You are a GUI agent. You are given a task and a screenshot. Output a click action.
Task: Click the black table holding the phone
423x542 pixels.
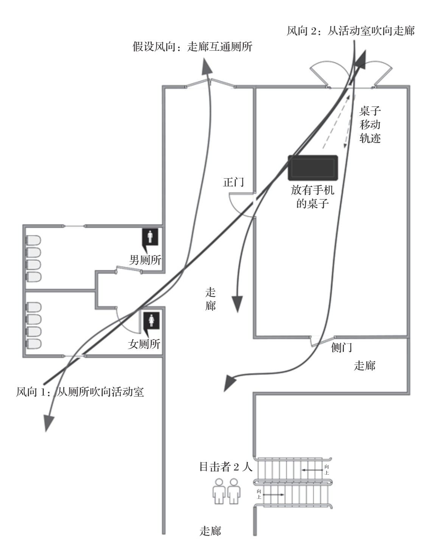click(x=313, y=167)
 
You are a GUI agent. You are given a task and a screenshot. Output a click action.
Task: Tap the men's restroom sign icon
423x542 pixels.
click(x=151, y=238)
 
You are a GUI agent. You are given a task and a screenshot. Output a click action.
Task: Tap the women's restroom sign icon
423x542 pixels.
click(x=151, y=321)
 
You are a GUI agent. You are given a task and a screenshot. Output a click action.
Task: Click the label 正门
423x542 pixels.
click(x=233, y=182)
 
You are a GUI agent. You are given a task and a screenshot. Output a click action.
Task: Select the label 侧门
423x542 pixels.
click(x=342, y=347)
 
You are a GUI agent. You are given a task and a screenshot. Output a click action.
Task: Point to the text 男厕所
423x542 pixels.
click(x=146, y=260)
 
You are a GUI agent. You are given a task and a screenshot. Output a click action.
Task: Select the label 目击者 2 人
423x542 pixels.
click(x=225, y=467)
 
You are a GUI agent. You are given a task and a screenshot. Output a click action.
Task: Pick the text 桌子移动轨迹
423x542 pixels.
click(x=370, y=125)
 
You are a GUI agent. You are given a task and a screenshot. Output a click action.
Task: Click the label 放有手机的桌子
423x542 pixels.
click(x=313, y=197)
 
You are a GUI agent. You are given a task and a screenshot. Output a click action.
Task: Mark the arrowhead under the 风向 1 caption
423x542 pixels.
click(x=47, y=422)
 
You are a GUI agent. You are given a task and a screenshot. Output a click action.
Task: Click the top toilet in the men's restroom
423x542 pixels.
click(x=33, y=241)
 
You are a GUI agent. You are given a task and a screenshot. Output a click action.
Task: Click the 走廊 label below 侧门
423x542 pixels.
click(x=365, y=366)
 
